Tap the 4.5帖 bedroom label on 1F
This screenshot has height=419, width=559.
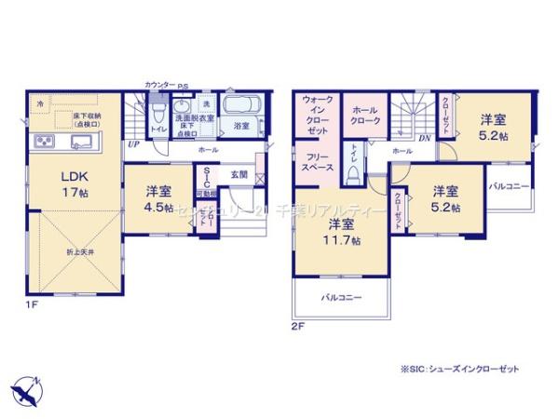[x=157, y=199]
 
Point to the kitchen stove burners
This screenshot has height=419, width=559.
[x=43, y=142]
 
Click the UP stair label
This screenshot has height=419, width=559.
[x=132, y=145]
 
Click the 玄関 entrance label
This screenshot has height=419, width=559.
[x=239, y=175]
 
